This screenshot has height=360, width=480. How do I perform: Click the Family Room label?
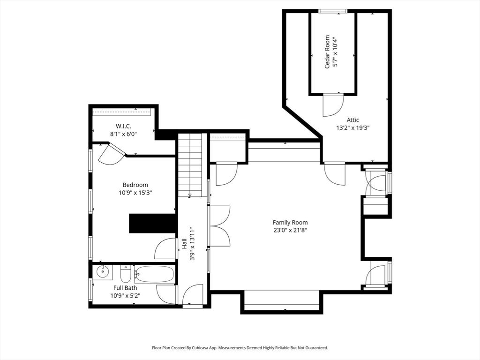point(290,222)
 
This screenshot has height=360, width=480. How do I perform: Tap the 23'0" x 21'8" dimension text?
point(290,230)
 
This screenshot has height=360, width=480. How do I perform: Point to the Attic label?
point(353,120)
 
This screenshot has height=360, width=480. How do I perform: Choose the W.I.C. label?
point(123,126)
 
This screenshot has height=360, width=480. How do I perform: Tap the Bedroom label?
point(135,185)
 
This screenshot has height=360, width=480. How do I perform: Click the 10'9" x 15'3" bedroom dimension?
point(135,192)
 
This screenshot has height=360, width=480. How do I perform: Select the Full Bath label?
point(125,288)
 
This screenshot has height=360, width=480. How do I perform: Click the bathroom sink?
point(102,271)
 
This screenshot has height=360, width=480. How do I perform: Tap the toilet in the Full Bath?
point(126,273)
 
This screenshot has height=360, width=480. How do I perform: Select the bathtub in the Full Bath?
point(154,274)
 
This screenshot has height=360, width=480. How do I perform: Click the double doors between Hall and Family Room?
point(219,226)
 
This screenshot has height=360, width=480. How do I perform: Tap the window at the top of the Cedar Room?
point(332,11)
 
